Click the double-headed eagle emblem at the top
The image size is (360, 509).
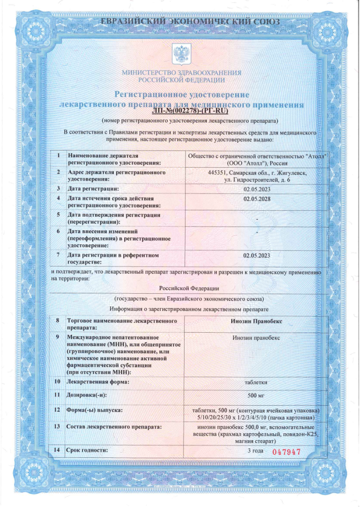pyautogui.click(x=181, y=53)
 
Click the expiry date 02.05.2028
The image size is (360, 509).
pyautogui.click(x=257, y=199)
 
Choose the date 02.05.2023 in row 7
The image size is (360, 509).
pyautogui.click(x=257, y=256)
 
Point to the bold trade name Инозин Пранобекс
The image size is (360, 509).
pyautogui.click(x=257, y=321)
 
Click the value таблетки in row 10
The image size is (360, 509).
pyautogui.click(x=257, y=382)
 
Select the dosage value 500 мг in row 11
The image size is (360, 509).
pyautogui.click(x=257, y=395)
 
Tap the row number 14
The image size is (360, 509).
pyautogui.click(x=58, y=451)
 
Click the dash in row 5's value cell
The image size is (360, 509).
pyautogui.click(x=257, y=219)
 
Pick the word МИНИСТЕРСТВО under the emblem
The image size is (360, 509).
pyautogui.click(x=146, y=73)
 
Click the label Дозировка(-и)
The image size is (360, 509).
pyautogui.click(x=87, y=395)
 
